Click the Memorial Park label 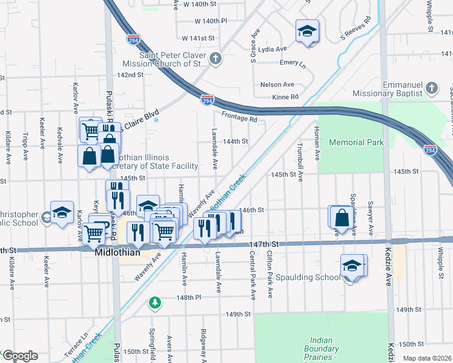356,143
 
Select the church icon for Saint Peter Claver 216,58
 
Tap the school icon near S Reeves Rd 307,31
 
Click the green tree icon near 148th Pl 156,301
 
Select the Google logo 19,356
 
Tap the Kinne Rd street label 285,97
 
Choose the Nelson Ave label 277,85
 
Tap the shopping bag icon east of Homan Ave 342,218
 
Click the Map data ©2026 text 427,358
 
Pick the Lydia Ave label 272,49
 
